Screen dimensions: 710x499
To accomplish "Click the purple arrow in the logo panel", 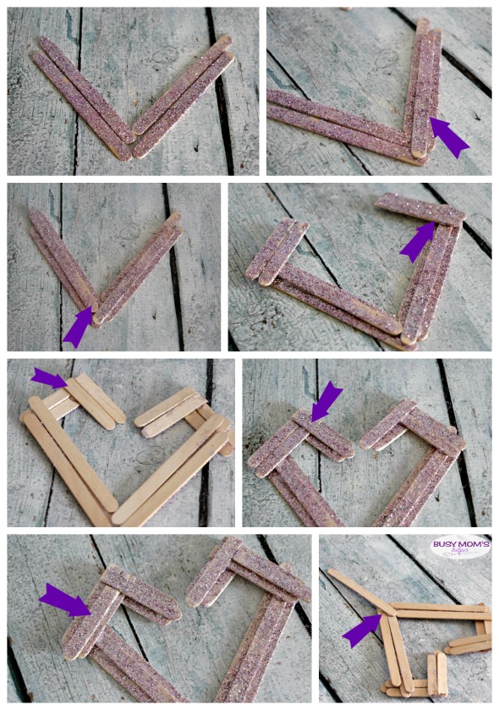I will (x=362, y=630).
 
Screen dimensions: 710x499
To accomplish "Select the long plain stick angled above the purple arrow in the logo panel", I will (x=359, y=589).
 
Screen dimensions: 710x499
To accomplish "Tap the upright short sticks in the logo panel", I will (x=437, y=672).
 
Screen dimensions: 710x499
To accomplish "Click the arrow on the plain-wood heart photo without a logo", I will (x=49, y=378).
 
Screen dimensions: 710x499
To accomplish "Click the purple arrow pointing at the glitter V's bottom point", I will (x=78, y=327).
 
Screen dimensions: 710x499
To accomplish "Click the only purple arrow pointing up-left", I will (x=449, y=137).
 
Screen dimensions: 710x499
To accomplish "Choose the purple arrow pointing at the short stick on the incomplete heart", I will (x=417, y=241).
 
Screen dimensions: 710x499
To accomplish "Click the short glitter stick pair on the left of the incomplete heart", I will (x=277, y=250).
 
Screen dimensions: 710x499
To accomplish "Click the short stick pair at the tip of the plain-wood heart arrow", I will (x=95, y=401).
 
